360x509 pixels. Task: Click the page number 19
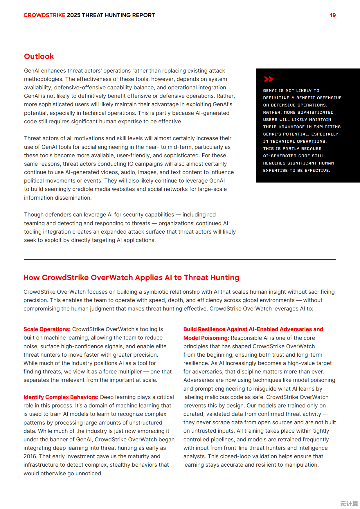point(333,15)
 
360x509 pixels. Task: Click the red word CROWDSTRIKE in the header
point(44,15)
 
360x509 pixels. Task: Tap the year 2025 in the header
point(73,15)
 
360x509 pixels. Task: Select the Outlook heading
point(39,56)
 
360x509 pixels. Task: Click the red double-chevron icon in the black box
point(269,79)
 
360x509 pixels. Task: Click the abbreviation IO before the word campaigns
point(131,164)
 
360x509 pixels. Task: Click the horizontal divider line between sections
point(180,259)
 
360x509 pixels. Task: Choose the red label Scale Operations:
point(47,329)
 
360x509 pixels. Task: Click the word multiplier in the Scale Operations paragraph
point(129,371)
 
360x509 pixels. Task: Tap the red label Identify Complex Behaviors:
point(61,397)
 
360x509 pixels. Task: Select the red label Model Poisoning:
point(206,338)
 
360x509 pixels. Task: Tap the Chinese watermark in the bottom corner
point(349,503)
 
